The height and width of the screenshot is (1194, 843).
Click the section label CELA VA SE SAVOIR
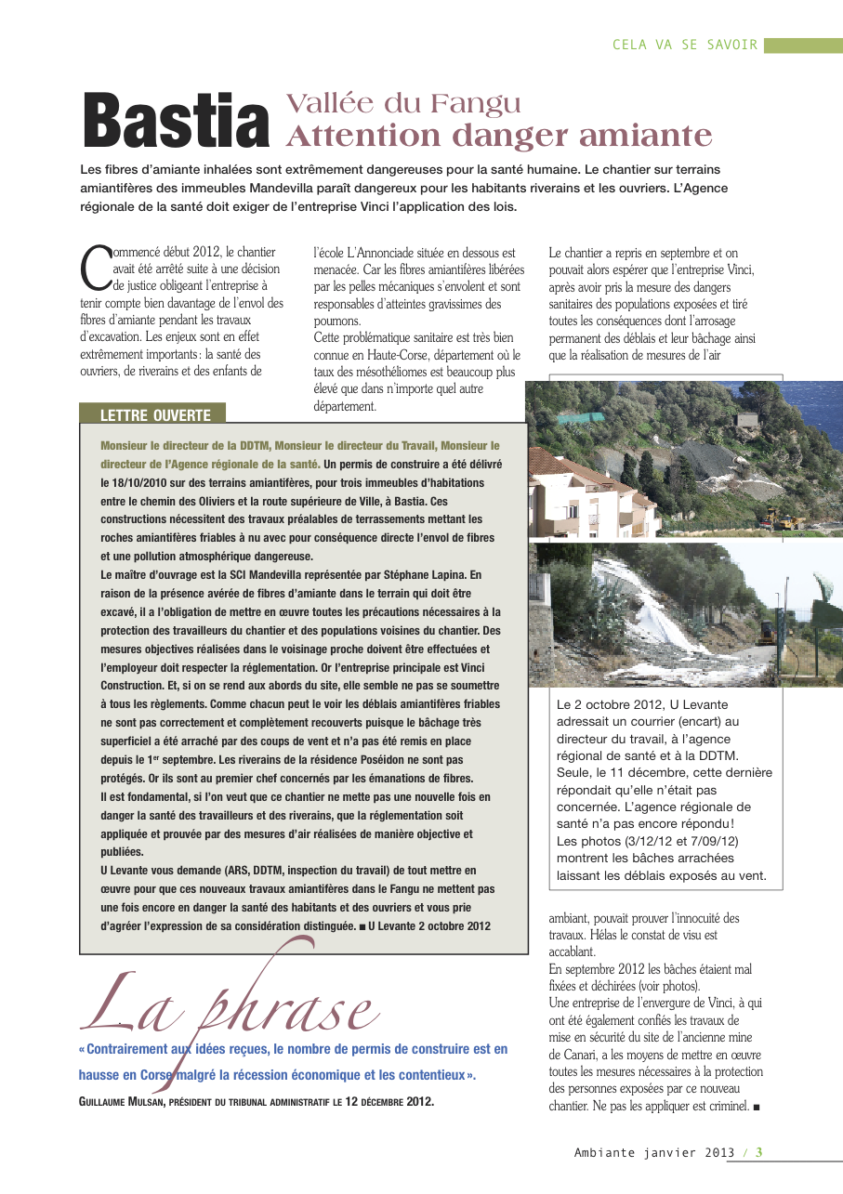point(685,45)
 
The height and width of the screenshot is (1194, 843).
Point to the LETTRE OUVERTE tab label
point(155,415)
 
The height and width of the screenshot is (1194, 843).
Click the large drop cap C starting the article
point(95,267)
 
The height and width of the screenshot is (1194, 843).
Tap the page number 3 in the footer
point(759,1152)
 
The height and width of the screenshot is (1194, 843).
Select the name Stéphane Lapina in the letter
point(419,575)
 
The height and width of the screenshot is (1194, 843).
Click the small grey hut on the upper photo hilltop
point(747,421)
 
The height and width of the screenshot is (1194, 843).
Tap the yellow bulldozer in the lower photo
point(768,633)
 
